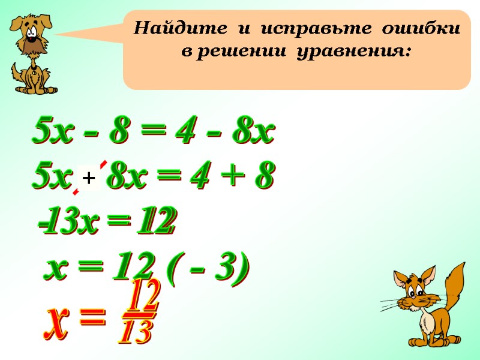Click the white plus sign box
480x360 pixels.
[89, 178]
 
